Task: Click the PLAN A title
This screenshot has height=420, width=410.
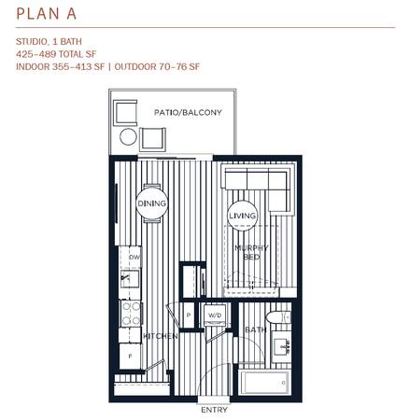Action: tap(47, 14)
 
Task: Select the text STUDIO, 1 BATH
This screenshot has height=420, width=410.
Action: tap(49, 41)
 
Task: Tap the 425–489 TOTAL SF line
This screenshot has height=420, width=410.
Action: tap(56, 54)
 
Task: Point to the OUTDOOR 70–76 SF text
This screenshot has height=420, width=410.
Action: tap(157, 66)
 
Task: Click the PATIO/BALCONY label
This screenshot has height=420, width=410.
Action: tap(188, 112)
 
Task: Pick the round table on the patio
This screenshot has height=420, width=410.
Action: tap(128, 136)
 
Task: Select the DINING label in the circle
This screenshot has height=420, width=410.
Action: tap(152, 203)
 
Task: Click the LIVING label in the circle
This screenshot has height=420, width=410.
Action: tap(243, 216)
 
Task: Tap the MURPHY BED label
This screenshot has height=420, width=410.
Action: tap(251, 252)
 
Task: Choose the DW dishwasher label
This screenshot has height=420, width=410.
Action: tap(134, 258)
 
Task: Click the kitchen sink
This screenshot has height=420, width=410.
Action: tap(130, 278)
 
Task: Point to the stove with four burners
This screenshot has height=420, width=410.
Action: tap(131, 314)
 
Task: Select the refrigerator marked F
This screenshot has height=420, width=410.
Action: tap(130, 357)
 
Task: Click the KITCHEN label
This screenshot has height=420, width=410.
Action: tap(161, 336)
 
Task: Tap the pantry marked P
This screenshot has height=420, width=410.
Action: tap(189, 315)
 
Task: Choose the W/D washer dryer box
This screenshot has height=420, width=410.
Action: tap(215, 315)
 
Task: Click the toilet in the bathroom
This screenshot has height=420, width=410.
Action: tap(278, 317)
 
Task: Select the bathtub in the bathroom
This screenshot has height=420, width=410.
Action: tap(264, 383)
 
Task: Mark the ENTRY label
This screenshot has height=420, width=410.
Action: tap(214, 410)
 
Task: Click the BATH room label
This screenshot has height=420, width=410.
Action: tap(256, 329)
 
